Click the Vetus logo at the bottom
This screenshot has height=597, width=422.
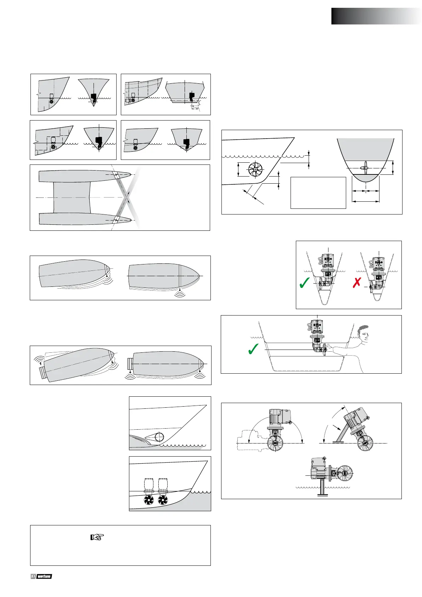[x=41, y=576]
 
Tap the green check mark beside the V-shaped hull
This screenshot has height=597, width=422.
[x=304, y=283]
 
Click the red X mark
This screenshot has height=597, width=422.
[x=357, y=283]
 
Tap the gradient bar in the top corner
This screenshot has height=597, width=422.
[x=376, y=16]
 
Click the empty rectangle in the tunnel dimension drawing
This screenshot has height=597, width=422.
[x=318, y=193]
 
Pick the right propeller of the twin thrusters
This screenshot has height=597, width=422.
[x=163, y=500]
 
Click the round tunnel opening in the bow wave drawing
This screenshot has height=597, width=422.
[x=159, y=437]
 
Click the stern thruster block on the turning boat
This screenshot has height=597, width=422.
[x=43, y=373]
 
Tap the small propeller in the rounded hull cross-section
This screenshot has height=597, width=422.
[x=366, y=168]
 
